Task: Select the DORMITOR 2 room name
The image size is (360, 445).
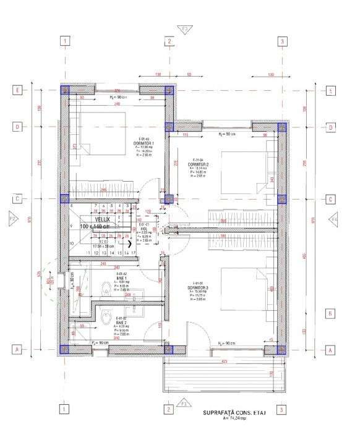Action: pyautogui.click(x=199, y=164)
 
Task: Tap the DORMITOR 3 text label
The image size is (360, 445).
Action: pyautogui.click(x=198, y=287)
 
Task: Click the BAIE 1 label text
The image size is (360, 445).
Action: pyautogui.click(x=121, y=278)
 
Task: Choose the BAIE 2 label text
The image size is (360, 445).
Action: pyautogui.click(x=121, y=322)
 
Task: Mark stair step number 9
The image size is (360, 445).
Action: pyautogui.click(x=72, y=226)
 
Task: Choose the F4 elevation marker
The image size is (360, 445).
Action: pyautogui.click(x=334, y=219)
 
